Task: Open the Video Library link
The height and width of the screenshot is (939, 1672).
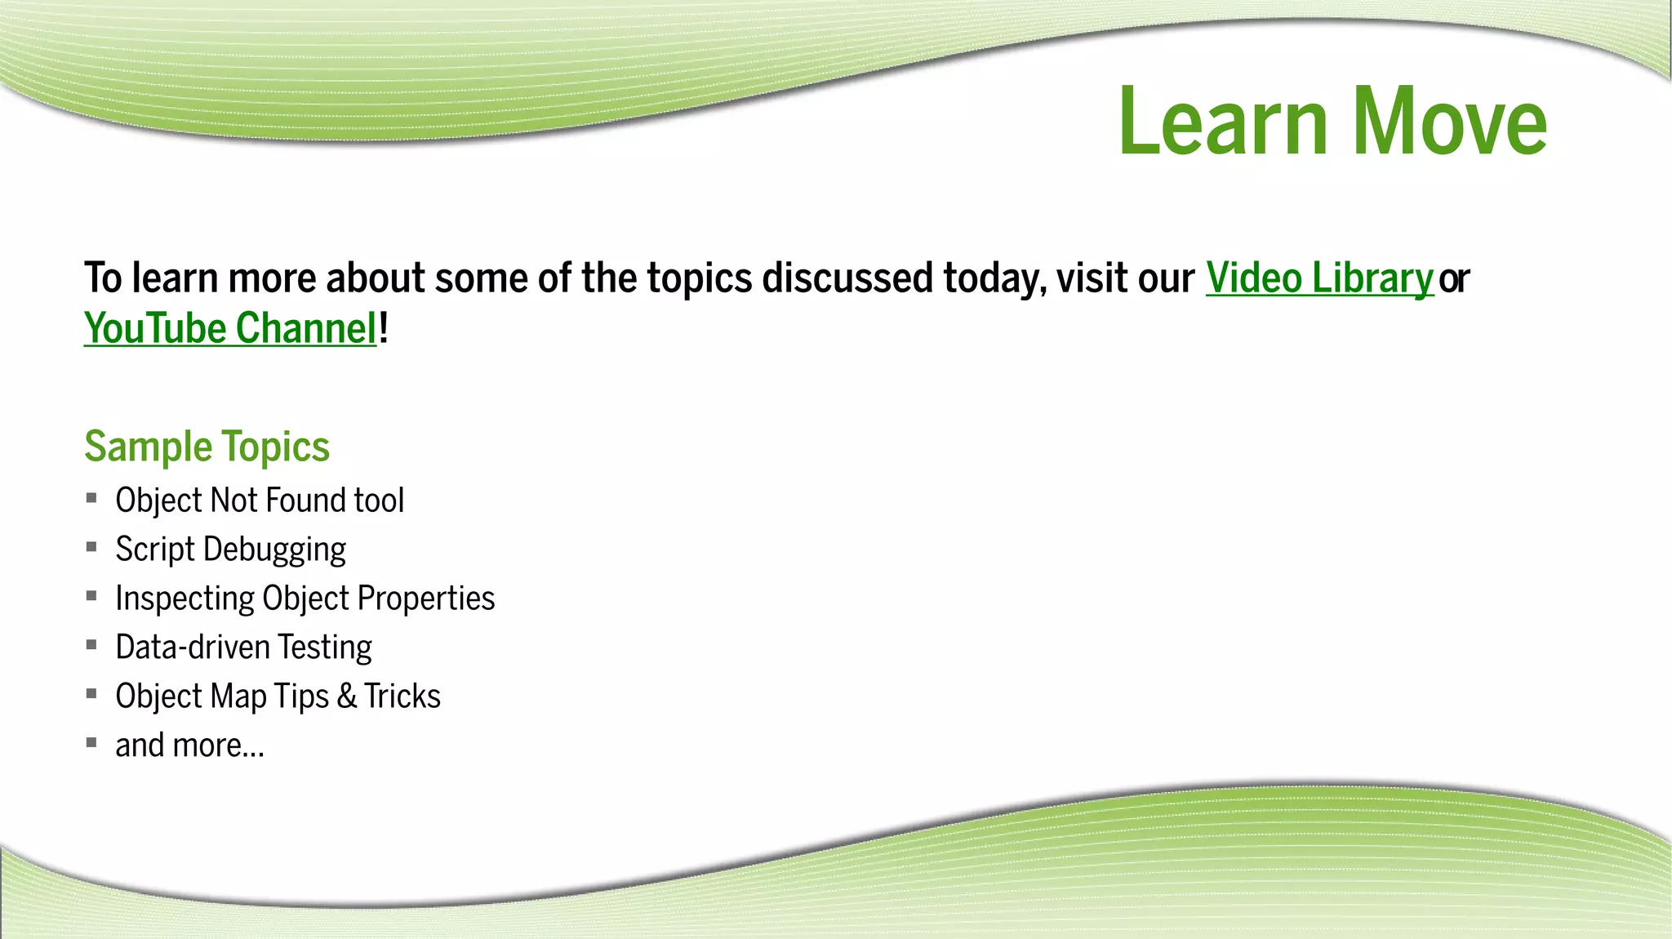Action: click(x=1318, y=278)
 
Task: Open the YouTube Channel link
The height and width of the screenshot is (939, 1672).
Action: click(x=230, y=329)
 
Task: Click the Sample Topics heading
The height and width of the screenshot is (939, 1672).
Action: click(x=207, y=447)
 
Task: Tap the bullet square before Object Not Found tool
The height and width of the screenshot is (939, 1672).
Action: click(x=91, y=498)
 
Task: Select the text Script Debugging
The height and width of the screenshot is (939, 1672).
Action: click(x=230, y=550)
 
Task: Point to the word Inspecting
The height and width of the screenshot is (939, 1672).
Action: click(x=185, y=599)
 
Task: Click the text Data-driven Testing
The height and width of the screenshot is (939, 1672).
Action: click(x=243, y=648)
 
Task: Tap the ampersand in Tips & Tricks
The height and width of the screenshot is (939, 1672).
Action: click(x=346, y=696)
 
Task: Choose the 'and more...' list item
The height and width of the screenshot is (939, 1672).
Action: click(x=189, y=745)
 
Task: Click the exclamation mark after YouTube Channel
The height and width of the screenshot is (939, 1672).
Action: click(x=384, y=329)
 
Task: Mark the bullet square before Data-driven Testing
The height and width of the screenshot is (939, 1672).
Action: click(x=91, y=645)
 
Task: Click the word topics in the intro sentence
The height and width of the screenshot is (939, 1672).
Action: click(x=699, y=278)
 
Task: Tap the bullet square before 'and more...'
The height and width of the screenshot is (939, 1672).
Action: click(x=91, y=743)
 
